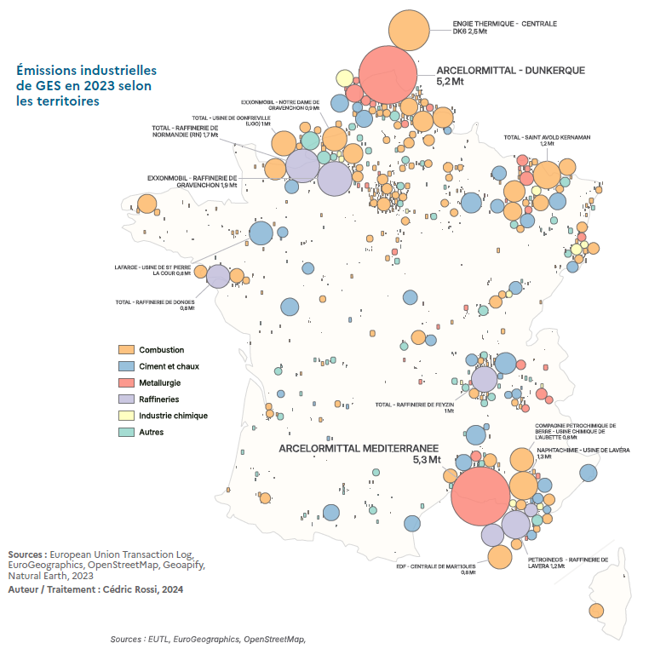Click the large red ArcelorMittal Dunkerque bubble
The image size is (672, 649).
[388, 76]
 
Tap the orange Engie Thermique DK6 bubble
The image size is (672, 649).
[410, 30]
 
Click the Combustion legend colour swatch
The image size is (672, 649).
[124, 350]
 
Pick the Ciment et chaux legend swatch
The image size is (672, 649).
[124, 366]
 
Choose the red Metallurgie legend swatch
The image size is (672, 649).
[124, 383]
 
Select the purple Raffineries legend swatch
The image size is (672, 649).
[124, 399]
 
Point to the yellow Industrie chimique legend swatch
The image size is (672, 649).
[124, 416]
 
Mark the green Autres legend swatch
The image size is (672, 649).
[124, 432]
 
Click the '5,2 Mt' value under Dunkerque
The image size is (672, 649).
[450, 82]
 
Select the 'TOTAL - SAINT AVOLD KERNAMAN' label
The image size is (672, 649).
[547, 136]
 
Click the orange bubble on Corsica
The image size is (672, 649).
[595, 610]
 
